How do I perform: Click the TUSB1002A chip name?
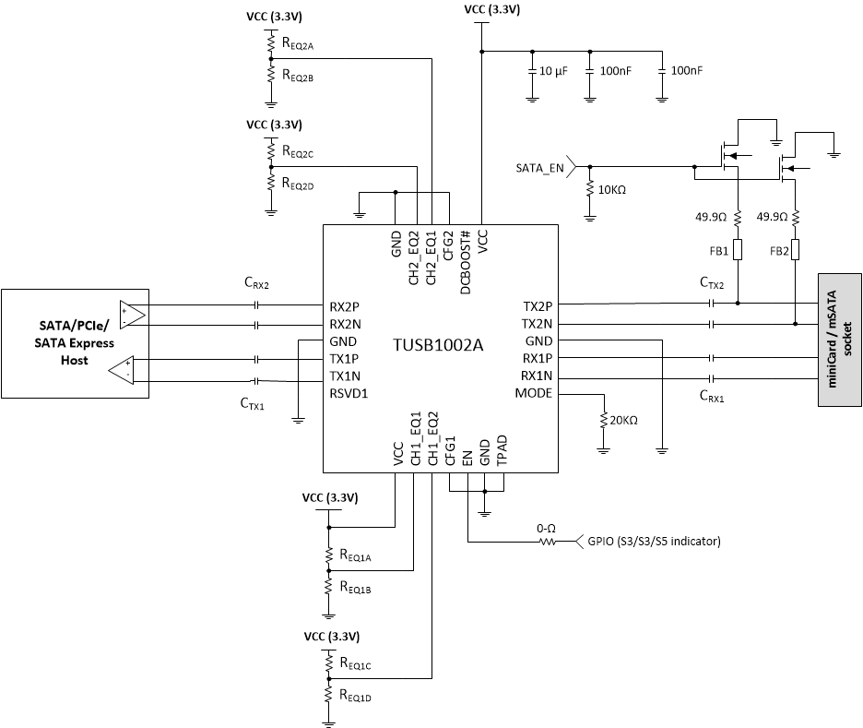[x=440, y=344]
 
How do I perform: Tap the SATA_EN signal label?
[x=539, y=168]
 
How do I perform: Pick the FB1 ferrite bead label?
[x=718, y=250]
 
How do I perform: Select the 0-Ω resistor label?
[x=545, y=528]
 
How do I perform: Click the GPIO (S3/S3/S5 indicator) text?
[x=653, y=541]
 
